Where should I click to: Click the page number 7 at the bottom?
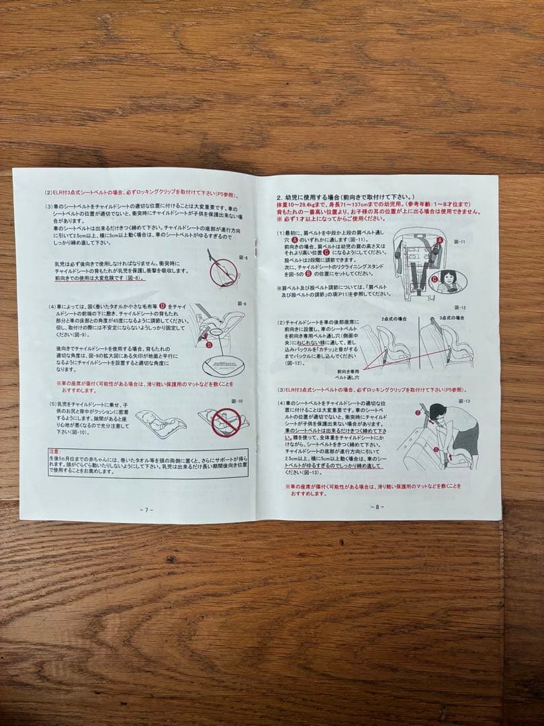[x=146, y=510]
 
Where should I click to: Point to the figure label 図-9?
[x=241, y=304]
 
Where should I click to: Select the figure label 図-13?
[x=463, y=401]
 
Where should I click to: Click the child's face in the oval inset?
[x=448, y=280]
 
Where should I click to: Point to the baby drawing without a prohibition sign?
[x=161, y=424]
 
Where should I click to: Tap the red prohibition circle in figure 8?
[x=223, y=273]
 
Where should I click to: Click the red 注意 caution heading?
[x=55, y=451]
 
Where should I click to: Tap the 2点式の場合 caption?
[x=394, y=318]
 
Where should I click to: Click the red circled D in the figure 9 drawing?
[x=209, y=345]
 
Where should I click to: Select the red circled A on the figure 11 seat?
[x=440, y=240]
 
